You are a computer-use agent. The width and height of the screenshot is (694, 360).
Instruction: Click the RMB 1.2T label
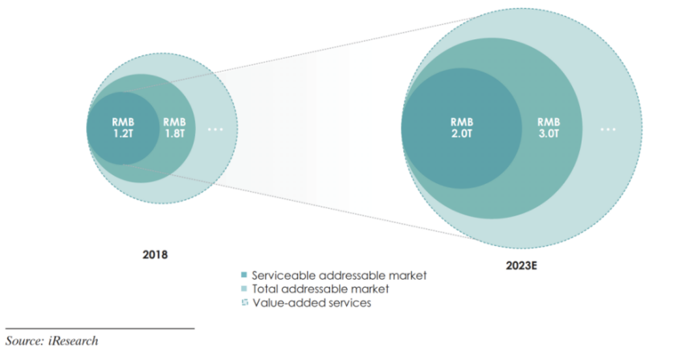pos(123,128)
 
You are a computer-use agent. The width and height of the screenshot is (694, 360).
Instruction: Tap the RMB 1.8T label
pos(174,128)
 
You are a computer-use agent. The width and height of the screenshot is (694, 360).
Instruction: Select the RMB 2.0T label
pos(462,128)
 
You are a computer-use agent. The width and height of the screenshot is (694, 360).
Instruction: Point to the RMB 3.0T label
pos(549,128)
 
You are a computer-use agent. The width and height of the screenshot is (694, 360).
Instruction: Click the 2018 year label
pos(155,255)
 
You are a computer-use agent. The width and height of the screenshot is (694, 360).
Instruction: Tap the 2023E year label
pos(521,266)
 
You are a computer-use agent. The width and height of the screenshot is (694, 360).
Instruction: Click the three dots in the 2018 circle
pos(215,129)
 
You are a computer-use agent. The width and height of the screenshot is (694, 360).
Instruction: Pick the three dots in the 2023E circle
pos(608,129)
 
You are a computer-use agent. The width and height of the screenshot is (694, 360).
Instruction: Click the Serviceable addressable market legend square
pos(244,275)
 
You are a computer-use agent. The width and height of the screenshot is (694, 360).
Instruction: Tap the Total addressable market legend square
pos(244,288)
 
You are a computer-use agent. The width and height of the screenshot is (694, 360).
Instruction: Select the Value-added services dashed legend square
pos(244,303)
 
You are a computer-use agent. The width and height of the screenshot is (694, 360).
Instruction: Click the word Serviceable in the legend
pos(284,276)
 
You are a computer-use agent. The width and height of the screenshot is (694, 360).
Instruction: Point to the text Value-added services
pos(312,303)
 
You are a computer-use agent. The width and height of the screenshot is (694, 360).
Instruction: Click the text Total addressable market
pos(320,289)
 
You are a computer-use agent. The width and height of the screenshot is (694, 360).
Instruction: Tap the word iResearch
pos(73,341)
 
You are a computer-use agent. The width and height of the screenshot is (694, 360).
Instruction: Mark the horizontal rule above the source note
pos(100,329)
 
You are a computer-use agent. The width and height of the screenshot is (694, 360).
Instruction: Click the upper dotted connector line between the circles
pos(300,55)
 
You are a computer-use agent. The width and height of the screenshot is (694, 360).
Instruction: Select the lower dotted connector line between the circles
pos(300,202)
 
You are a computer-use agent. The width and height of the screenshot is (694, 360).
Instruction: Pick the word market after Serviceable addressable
pos(407,276)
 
